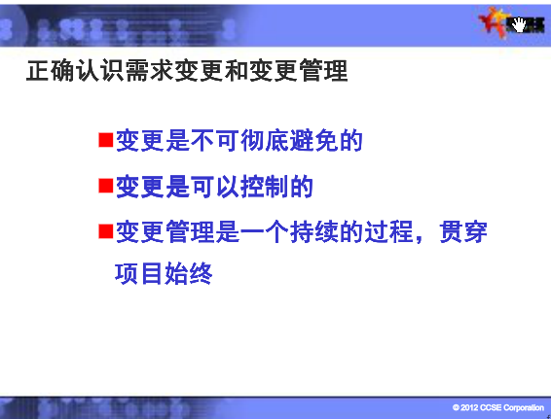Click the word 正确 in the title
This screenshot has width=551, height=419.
51,71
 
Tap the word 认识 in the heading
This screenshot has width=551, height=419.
100,71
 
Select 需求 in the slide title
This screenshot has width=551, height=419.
149,71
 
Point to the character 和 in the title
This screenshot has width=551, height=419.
237,71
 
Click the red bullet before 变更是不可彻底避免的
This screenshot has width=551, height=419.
106,140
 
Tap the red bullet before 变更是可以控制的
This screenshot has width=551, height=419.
106,186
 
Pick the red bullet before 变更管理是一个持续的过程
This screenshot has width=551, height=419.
106,231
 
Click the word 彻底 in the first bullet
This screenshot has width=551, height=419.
264,140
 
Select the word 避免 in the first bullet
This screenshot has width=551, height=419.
314,140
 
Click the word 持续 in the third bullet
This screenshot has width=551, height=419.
314,232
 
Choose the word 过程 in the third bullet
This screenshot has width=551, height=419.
388,232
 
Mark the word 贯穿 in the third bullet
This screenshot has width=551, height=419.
463,232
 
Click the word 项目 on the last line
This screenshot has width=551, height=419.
139,273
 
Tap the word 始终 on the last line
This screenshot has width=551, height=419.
189,273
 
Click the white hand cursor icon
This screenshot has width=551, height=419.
519,24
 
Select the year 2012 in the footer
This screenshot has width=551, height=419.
469,407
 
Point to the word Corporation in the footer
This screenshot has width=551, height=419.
523,407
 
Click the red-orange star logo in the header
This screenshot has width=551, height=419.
492,21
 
